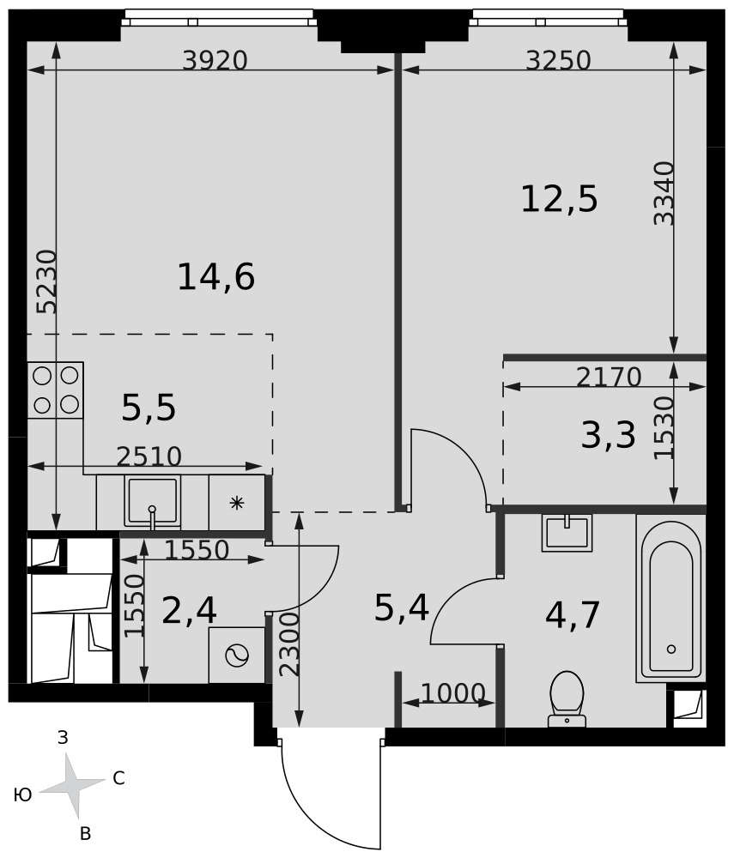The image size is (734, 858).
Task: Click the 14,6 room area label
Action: click(216, 277)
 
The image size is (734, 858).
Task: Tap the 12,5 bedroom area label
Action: click(559, 199)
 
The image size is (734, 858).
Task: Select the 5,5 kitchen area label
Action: click(149, 408)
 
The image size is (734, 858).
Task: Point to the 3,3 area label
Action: click(608, 436)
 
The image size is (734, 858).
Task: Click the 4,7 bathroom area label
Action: click(573, 614)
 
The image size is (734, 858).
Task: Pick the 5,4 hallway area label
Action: click(401, 608)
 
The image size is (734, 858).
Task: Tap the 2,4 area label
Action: click(190, 611)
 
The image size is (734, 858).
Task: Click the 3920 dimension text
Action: click(215, 60)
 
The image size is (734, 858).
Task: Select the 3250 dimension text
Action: click(558, 60)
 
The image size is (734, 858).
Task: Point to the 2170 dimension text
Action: click(609, 377)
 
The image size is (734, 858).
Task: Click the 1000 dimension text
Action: click(453, 693)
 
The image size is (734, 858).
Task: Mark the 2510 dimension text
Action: click(149, 456)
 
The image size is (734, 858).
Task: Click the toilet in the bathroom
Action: click(567, 699)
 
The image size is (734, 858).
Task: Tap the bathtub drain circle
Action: click(671, 649)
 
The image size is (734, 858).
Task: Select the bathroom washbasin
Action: click(567, 533)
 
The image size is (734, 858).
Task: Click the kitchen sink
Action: click(152, 502)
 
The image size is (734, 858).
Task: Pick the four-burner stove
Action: click(55, 390)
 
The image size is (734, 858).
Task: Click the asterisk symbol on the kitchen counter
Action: click(236, 503)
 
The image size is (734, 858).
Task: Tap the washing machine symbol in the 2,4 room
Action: click(236, 655)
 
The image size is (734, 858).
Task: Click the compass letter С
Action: click(118, 777)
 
